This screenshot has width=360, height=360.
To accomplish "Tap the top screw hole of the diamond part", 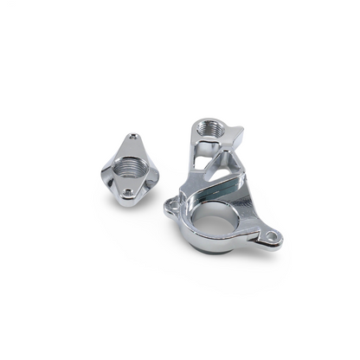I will tap(133, 136).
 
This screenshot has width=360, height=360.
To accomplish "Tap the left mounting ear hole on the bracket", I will tap(170, 205).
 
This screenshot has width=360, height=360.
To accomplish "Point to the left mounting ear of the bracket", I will tap(170, 205).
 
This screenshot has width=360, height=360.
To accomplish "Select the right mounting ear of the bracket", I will tap(271, 235).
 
